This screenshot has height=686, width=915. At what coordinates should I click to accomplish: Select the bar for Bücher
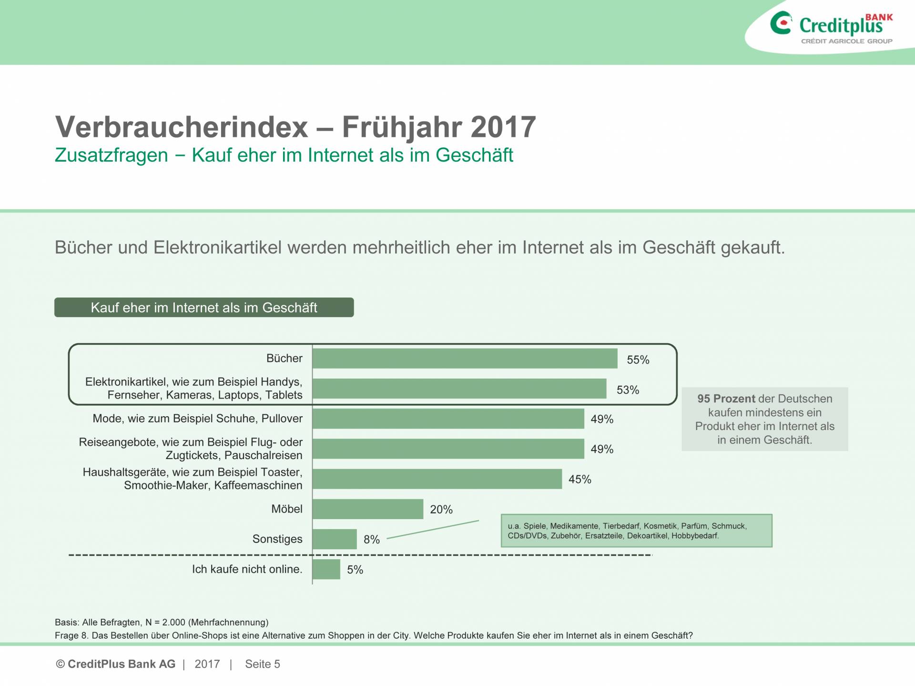[x=465, y=358]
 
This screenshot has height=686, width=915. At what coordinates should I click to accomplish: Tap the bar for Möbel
[x=368, y=509]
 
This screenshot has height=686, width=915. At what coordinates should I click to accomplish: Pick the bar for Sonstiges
[x=335, y=539]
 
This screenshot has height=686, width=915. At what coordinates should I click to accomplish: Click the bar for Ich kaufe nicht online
[x=326, y=569]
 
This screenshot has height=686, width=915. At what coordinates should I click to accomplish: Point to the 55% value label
[x=638, y=360]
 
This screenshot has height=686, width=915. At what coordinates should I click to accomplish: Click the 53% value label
[x=628, y=390]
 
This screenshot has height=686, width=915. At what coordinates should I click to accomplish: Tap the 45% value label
[x=579, y=480]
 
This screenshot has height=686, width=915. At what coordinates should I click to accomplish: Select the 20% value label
[x=441, y=510]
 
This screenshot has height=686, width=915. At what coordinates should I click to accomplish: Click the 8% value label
[x=372, y=540]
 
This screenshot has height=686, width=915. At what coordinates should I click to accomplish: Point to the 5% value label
[x=355, y=570]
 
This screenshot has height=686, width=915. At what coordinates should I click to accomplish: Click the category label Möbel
[x=287, y=509]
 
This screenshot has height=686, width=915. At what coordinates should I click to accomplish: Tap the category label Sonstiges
[x=277, y=539]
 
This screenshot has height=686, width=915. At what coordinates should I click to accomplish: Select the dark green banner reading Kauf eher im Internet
[x=204, y=307]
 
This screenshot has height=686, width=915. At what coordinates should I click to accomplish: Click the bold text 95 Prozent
[x=726, y=399]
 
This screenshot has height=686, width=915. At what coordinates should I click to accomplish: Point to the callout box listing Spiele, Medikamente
[x=636, y=531]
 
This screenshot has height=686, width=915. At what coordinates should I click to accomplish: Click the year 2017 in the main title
[x=503, y=127]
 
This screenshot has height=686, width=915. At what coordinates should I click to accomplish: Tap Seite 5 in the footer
[x=263, y=664]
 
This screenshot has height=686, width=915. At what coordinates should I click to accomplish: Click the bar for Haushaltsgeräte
[x=437, y=479]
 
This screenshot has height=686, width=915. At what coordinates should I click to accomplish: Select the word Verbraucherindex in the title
[x=182, y=127]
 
